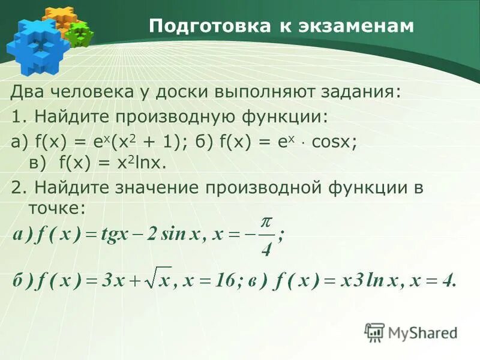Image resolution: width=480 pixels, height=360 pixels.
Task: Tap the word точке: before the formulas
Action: point(57,208)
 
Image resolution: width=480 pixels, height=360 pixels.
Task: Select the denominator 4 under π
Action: point(267,247)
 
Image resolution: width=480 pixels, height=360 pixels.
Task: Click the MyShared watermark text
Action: point(423,332)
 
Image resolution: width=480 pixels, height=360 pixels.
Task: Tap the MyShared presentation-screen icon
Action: point(375,332)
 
